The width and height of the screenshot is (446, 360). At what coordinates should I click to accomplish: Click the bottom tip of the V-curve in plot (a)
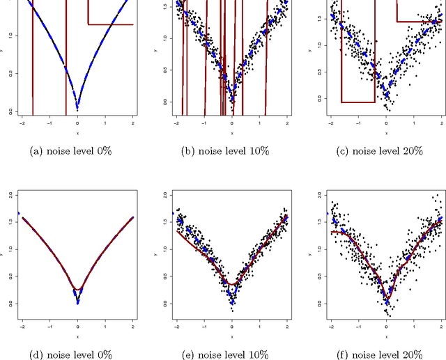click(x=77, y=109)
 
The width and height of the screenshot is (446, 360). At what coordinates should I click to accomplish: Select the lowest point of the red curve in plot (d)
click(x=77, y=290)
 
